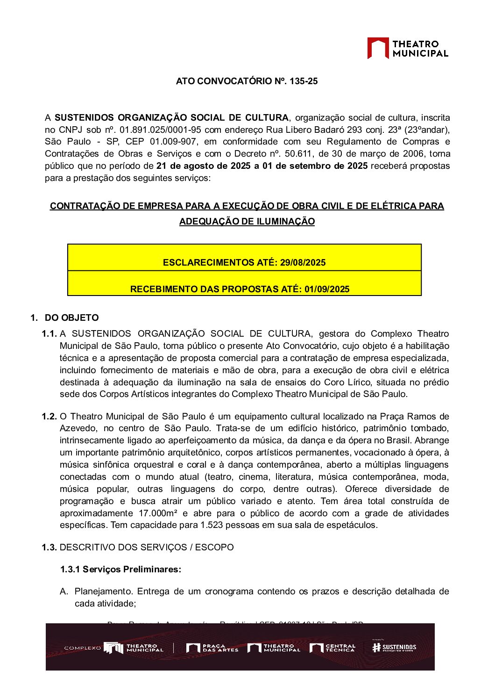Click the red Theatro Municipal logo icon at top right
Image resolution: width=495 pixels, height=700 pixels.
pyautogui.click(x=378, y=48)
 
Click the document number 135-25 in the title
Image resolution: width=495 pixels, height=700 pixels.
pyautogui.click(x=304, y=81)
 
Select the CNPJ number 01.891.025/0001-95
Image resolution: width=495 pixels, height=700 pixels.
pyautogui.click(x=161, y=130)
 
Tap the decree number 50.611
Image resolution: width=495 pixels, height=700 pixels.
pyautogui.click(x=299, y=154)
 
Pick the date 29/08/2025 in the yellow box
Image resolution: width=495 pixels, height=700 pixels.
pyautogui.click(x=303, y=262)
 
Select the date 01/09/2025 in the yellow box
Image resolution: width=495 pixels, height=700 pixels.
pyautogui.click(x=327, y=289)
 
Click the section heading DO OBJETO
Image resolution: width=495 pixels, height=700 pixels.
pyautogui.click(x=71, y=318)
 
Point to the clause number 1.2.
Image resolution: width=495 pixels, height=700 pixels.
pyautogui.click(x=49, y=417)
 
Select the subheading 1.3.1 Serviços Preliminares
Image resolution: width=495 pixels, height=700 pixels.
pyautogui.click(x=120, y=570)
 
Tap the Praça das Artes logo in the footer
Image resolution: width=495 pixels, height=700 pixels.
pyautogui.click(x=212, y=648)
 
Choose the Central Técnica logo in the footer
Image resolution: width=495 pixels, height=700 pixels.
pyautogui.click(x=332, y=648)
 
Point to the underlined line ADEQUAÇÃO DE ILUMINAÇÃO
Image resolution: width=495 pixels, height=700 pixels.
pyautogui.click(x=247, y=222)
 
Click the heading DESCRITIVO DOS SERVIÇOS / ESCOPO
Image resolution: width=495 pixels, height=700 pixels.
pyautogui.click(x=147, y=548)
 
